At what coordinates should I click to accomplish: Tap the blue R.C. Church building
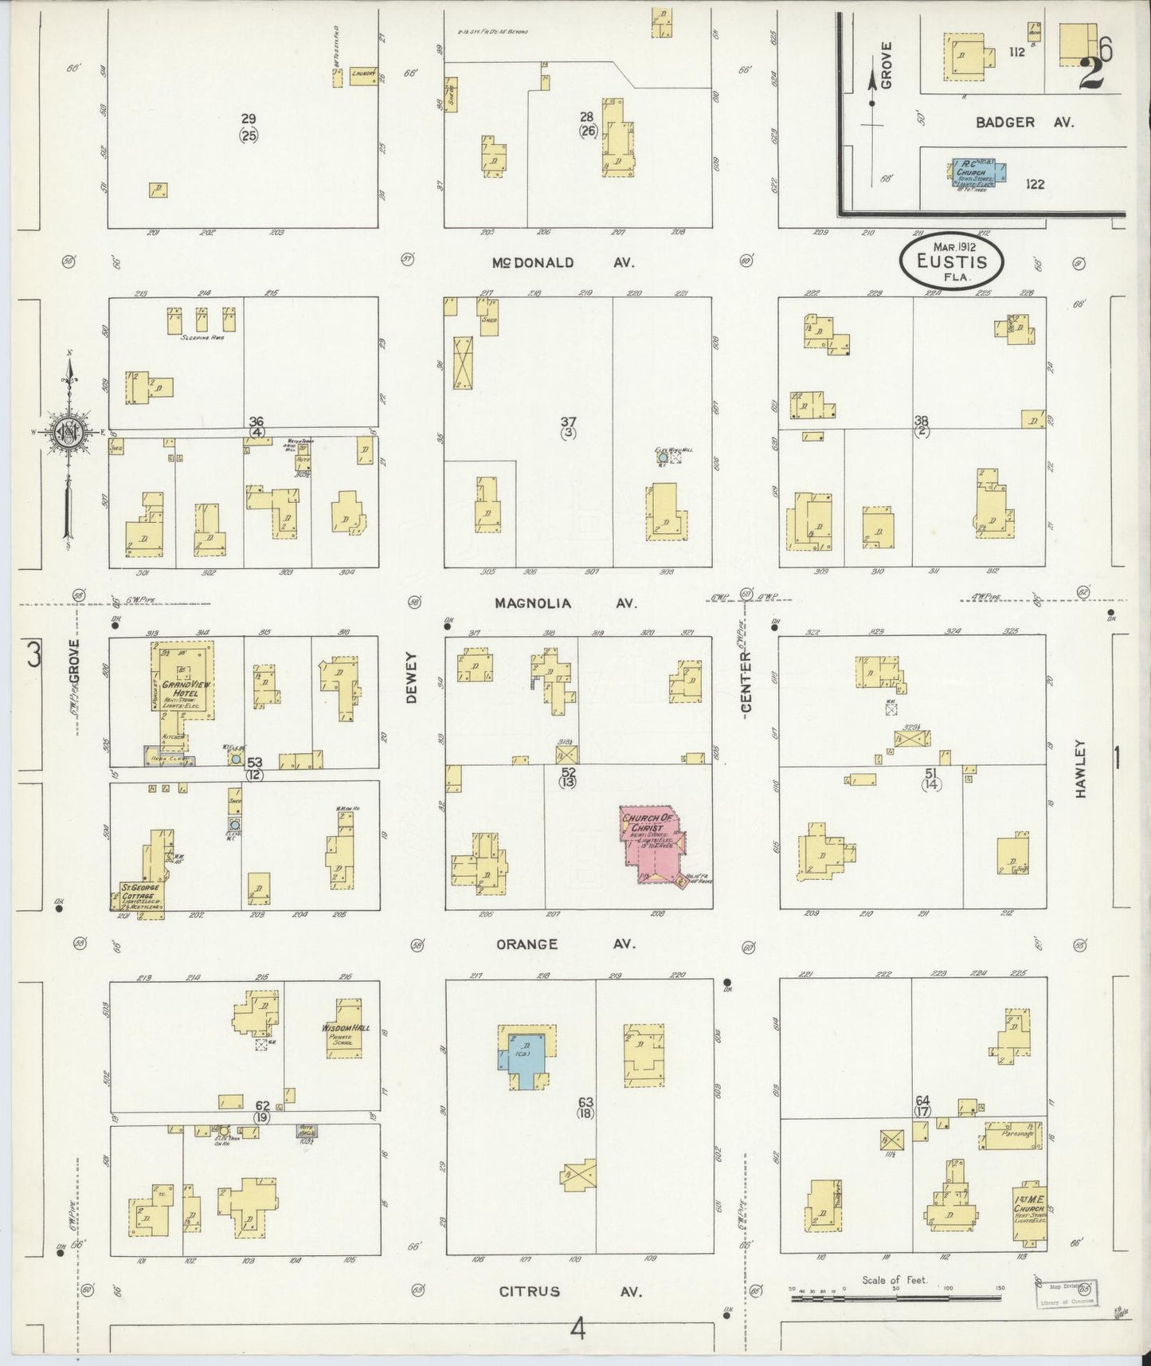[x=979, y=174]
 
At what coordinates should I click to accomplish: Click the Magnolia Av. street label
[x=565, y=603]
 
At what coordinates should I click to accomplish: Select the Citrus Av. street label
[x=569, y=1292]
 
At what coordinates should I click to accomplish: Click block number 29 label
[x=249, y=119]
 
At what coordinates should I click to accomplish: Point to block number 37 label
[x=568, y=422]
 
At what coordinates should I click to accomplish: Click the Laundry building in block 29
[x=363, y=76]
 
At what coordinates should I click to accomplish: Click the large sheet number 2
[x=1092, y=73]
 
